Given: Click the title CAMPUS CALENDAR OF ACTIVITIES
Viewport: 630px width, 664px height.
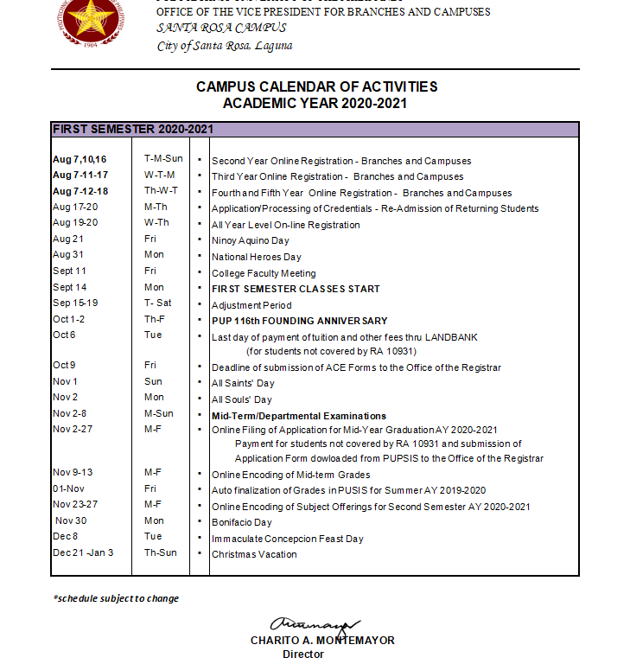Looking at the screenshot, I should (316, 87).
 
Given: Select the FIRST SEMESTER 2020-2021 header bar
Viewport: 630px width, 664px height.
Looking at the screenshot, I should (315, 129).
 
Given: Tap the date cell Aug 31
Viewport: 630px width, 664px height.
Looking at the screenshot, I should (68, 256).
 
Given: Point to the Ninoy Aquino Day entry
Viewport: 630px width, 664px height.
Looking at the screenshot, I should (251, 240).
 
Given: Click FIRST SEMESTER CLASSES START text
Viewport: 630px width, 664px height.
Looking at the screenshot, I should (296, 289).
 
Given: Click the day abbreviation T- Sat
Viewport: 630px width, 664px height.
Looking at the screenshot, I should (157, 304).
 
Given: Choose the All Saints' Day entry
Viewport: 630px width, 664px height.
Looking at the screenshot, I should (243, 383).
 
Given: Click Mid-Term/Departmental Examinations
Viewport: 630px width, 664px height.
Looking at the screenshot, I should (299, 416).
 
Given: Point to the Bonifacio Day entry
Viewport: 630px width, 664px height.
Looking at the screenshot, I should (242, 522).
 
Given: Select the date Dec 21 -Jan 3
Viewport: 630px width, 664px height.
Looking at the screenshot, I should (83, 554).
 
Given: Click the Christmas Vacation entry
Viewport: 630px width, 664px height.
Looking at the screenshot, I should (254, 554).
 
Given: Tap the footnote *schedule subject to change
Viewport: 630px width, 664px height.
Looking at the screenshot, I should (116, 598).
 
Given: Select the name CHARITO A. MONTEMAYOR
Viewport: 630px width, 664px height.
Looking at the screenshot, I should (322, 641).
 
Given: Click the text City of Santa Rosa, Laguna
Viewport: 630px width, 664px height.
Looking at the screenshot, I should (225, 46).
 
